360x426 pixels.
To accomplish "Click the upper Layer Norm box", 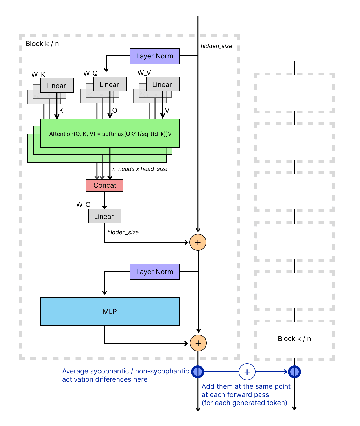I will click(x=154, y=56).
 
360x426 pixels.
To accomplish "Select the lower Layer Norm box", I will click(x=154, y=272).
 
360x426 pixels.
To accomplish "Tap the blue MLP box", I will click(x=110, y=311).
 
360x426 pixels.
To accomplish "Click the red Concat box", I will click(x=104, y=185).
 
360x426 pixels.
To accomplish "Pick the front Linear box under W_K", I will click(x=57, y=86).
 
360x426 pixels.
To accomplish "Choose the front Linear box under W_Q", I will click(x=110, y=84).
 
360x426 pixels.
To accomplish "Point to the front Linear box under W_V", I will click(x=163, y=84).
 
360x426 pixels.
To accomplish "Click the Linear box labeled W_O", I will click(x=104, y=216).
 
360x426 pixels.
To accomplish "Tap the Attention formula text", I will click(x=110, y=134).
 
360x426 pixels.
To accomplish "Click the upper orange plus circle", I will click(x=198, y=242).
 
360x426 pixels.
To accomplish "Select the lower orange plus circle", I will click(x=198, y=343).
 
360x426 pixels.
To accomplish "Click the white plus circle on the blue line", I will click(x=247, y=372).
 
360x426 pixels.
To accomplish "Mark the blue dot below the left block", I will click(x=198, y=372).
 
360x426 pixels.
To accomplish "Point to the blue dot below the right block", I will click(x=294, y=372).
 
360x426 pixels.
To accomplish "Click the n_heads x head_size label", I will click(x=140, y=169).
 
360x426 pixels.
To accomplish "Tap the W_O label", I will click(x=83, y=205).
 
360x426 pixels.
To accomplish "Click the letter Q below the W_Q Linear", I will click(x=115, y=110).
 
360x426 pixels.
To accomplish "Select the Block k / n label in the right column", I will click(x=294, y=339).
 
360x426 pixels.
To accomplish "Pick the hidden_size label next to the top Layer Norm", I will click(x=216, y=46).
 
